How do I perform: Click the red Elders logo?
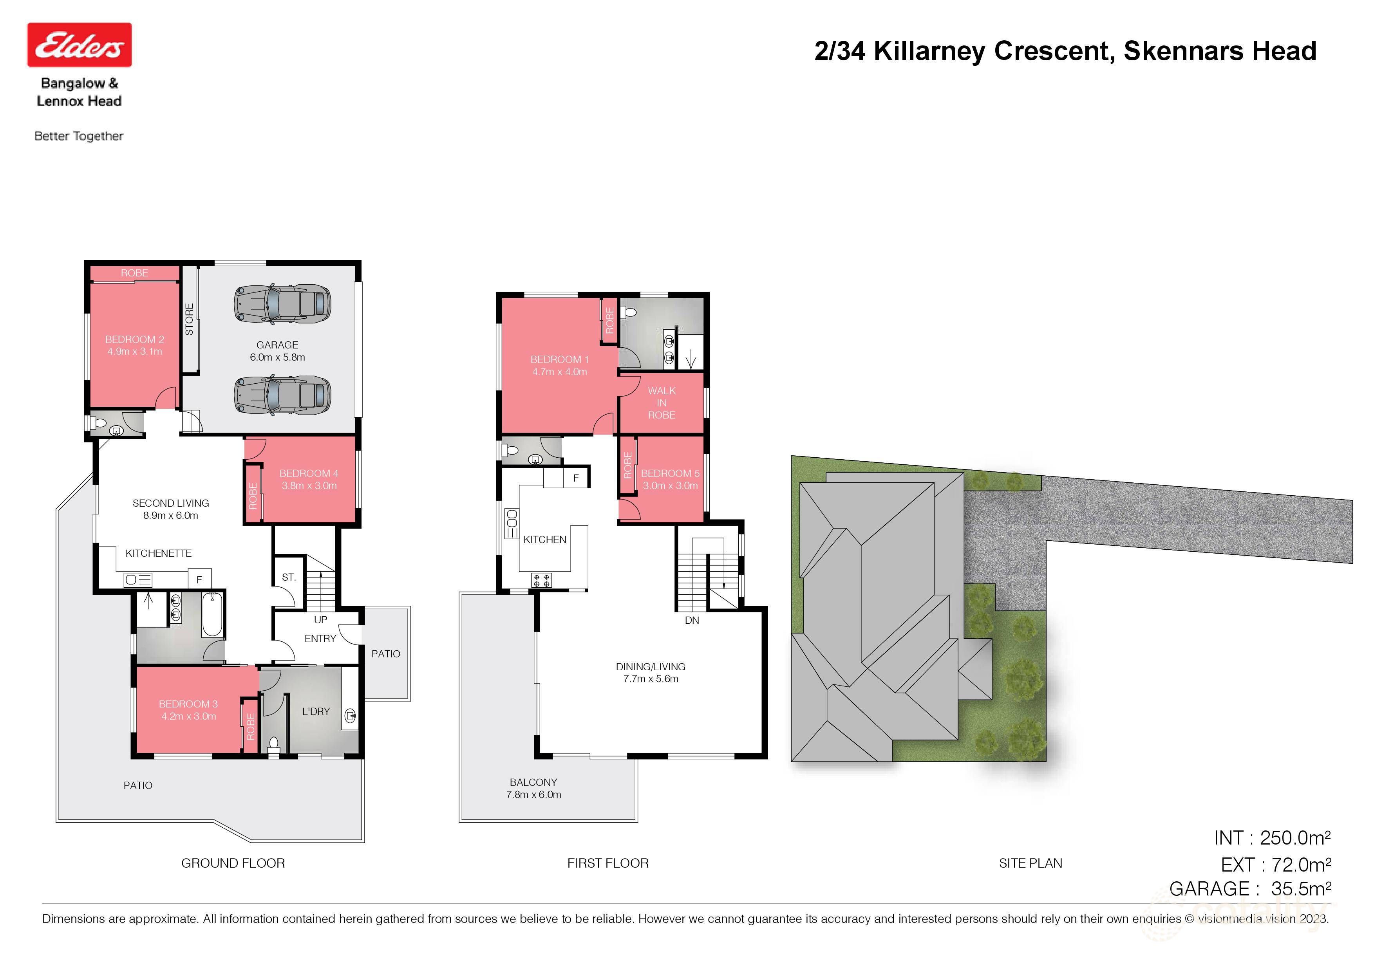pyautogui.click(x=79, y=45)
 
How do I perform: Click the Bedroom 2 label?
pyautogui.click(x=135, y=339)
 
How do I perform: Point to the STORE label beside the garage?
pyautogui.click(x=189, y=319)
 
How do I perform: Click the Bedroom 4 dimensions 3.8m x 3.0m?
pyautogui.click(x=309, y=486)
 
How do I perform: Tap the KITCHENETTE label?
pyautogui.click(x=159, y=553)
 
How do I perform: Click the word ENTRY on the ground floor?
pyautogui.click(x=320, y=639)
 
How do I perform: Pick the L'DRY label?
pyautogui.click(x=315, y=711)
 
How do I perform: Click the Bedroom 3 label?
pyautogui.click(x=188, y=704)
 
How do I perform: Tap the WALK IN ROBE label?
pyautogui.click(x=661, y=402)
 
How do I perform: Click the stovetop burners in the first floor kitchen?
pyautogui.click(x=542, y=580)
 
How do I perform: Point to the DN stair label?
pyautogui.click(x=692, y=621)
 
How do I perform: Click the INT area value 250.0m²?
pyautogui.click(x=1295, y=838)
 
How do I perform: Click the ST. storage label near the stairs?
pyautogui.click(x=288, y=578)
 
